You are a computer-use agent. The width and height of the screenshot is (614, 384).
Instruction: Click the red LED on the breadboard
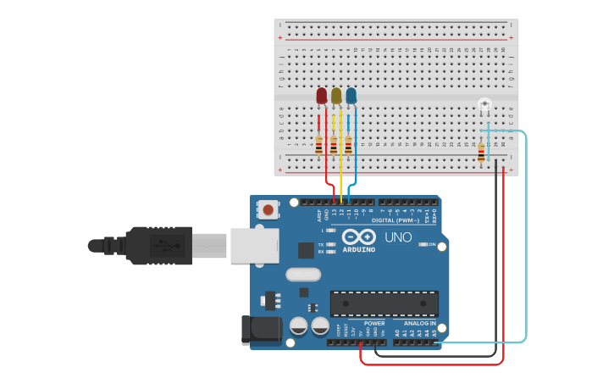pyautogui.click(x=322, y=96)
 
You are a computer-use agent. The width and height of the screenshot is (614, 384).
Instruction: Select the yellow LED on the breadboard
pyautogui.click(x=336, y=96)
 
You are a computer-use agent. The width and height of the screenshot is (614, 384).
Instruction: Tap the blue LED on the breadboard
pyautogui.click(x=351, y=96)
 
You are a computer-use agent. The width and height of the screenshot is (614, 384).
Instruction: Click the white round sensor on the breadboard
pyautogui.click(x=484, y=105)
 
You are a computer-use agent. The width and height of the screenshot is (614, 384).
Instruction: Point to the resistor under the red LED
pyautogui.click(x=319, y=145)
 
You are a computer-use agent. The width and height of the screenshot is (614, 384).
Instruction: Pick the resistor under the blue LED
pyautogui.click(x=348, y=145)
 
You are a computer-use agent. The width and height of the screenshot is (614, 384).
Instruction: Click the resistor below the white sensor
pyautogui.click(x=481, y=153)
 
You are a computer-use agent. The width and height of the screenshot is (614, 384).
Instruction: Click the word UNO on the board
pyautogui.click(x=397, y=237)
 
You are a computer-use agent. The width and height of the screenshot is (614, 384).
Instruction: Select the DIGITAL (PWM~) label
pyautogui.click(x=401, y=220)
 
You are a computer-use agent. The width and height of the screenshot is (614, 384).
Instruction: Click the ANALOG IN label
pyautogui.click(x=419, y=323)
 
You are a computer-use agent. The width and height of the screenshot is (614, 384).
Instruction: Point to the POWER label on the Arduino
pyautogui.click(x=374, y=323)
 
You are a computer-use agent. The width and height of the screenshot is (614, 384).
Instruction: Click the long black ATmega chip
pyautogui.click(x=384, y=303)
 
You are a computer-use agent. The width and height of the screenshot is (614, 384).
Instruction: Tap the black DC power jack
pyautogui.click(x=261, y=331)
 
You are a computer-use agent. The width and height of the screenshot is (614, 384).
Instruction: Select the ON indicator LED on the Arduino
pyautogui.click(x=423, y=244)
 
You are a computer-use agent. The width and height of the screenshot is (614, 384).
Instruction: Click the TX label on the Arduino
pyautogui.click(x=321, y=243)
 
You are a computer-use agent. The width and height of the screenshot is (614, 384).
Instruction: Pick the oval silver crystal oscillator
pyautogui.click(x=303, y=274)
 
